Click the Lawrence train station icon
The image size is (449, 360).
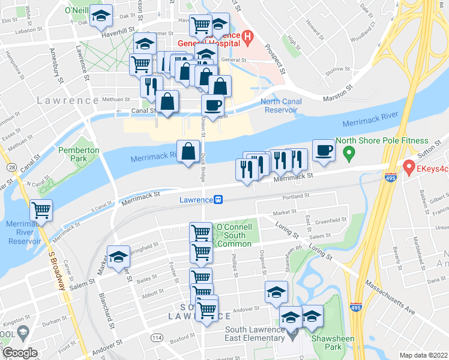tap(220, 199)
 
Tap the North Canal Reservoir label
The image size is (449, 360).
tap(279, 106)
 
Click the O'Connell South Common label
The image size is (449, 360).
tap(234, 235)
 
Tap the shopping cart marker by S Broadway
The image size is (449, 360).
tap(41, 211)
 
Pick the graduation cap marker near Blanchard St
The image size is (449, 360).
tap(119, 257)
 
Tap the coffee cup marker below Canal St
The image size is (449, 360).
tap(212, 106)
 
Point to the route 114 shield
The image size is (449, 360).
tap(157, 338)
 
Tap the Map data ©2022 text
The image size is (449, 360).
tap(423, 355)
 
